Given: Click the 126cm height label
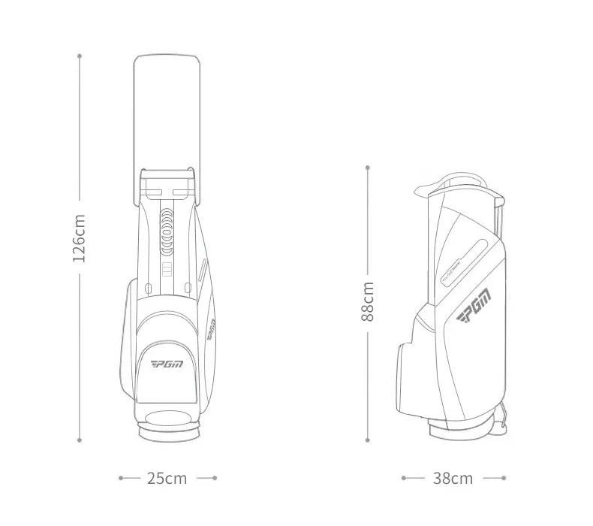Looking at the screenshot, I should pyautogui.click(x=79, y=237).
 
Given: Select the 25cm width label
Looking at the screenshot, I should pyautogui.click(x=167, y=478).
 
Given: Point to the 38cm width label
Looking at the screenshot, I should pyautogui.click(x=453, y=478).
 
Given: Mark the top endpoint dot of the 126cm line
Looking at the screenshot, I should pyautogui.click(x=79, y=55).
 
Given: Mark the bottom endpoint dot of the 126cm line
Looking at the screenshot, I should pyautogui.click(x=79, y=441).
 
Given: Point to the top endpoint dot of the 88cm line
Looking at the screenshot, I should pyautogui.click(x=368, y=166).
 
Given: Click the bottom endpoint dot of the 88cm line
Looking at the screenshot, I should pyautogui.click(x=368, y=441).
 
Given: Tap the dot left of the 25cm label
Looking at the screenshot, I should pyautogui.click(x=120, y=477).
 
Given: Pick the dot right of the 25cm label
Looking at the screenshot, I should pyautogui.click(x=215, y=477).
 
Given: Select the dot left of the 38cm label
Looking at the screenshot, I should pyautogui.click(x=403, y=477).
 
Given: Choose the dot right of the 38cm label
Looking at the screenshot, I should pyautogui.click(x=504, y=477).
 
